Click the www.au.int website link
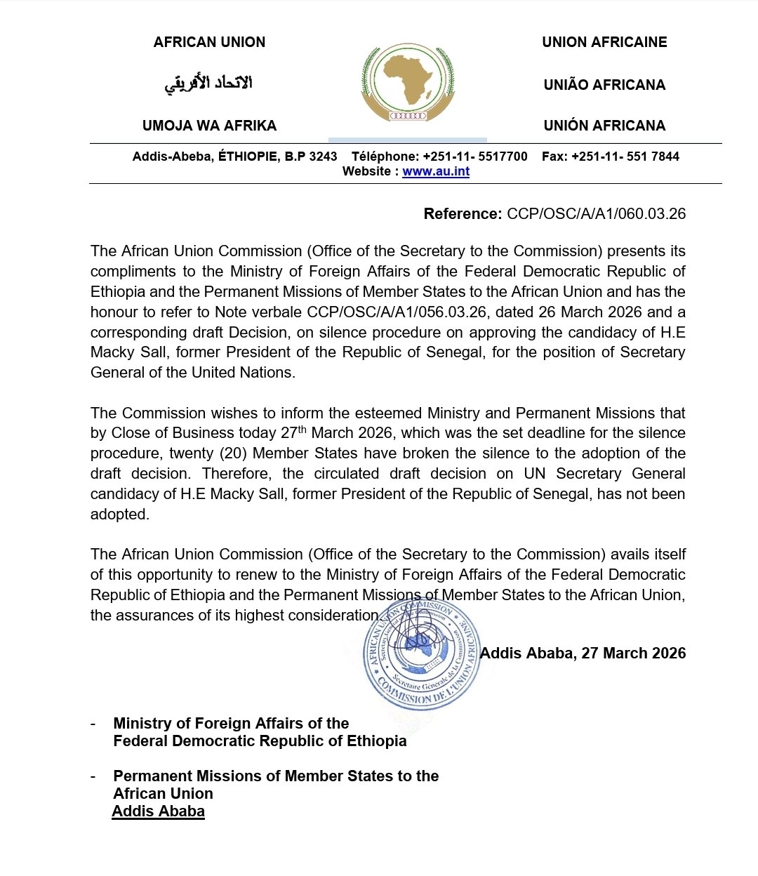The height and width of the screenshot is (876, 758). pos(436,171)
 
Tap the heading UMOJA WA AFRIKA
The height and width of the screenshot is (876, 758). pos(209,126)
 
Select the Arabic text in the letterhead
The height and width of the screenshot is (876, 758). pos(208,84)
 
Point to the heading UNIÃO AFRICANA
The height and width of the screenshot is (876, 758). pos(604,85)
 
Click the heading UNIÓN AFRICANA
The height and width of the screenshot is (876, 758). pos(604,126)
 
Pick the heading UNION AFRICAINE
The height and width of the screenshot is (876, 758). pos(604,42)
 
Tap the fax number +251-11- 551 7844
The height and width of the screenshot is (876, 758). pos(625,157)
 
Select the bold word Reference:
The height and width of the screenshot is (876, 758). pos(463,214)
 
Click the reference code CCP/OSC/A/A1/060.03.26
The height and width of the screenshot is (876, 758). pos(596,214)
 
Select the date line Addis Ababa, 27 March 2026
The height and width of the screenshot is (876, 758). pos(583,653)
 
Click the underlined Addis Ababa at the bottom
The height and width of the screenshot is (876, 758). pos(159,811)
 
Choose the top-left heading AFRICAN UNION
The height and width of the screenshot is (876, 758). pos(209,42)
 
